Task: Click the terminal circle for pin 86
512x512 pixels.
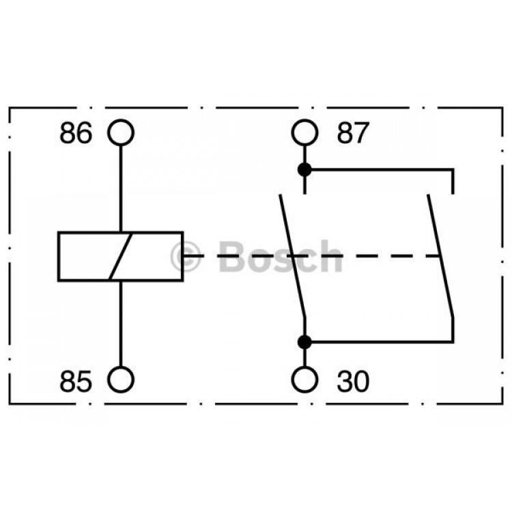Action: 121,120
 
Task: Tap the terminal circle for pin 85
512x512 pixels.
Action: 121,367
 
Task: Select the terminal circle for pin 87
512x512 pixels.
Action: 304,120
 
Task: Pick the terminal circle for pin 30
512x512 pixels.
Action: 304,367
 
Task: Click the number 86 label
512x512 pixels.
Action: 76,133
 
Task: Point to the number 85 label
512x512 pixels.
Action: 76,381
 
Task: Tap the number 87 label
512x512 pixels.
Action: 353,133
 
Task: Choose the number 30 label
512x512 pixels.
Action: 353,381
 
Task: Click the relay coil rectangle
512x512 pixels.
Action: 58,256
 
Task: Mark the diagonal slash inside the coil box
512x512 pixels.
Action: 121,256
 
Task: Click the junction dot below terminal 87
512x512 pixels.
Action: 304,170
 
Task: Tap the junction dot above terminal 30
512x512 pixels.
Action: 304,342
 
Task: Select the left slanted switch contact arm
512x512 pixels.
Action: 293,256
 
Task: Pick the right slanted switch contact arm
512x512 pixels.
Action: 440,256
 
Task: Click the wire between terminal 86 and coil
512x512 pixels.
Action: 121,188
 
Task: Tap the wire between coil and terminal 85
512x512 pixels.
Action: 121,324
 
